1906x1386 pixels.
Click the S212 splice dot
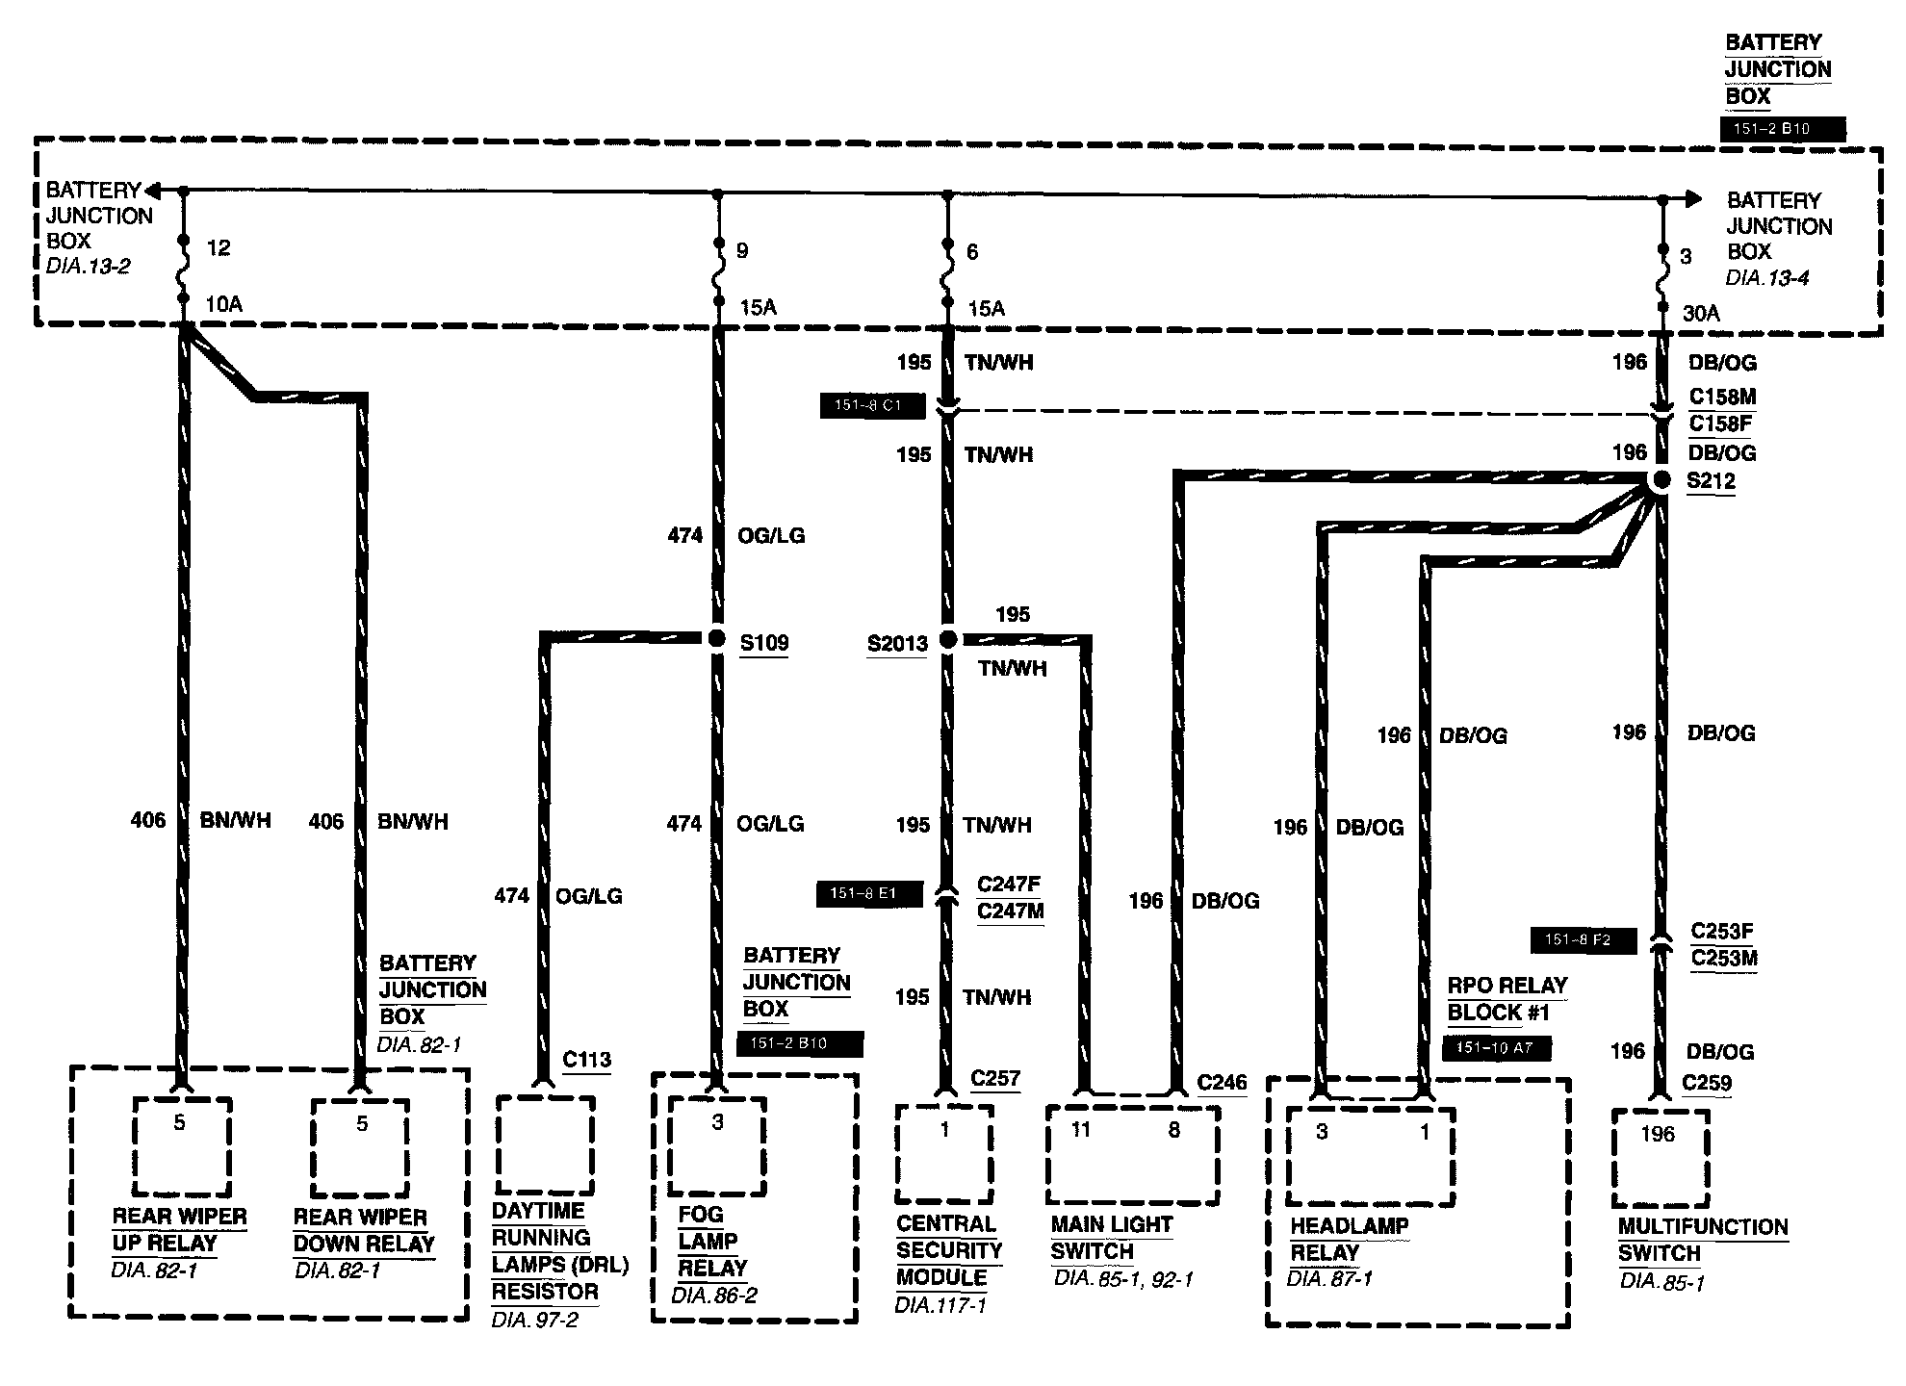[1661, 480]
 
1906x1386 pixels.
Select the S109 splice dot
[716, 638]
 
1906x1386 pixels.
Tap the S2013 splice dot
[947, 639]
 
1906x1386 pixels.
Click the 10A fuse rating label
[223, 304]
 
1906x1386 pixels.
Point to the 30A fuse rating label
[1701, 313]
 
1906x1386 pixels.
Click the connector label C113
[586, 1060]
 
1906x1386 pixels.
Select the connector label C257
[994, 1078]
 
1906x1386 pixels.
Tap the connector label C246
[1222, 1083]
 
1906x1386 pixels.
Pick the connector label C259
[1707, 1083]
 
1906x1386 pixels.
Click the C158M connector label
[1722, 397]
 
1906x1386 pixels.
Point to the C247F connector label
[1009, 884]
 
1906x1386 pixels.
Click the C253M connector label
[1723, 959]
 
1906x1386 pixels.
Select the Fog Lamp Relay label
[713, 1241]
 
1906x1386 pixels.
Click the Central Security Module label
[948, 1250]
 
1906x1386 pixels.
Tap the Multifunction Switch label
[1702, 1240]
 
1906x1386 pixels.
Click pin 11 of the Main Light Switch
[1081, 1129]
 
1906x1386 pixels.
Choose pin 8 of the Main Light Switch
[1173, 1129]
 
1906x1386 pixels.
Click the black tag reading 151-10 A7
[1496, 1048]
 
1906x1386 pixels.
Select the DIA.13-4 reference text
[1766, 278]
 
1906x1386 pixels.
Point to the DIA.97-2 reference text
[534, 1320]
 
